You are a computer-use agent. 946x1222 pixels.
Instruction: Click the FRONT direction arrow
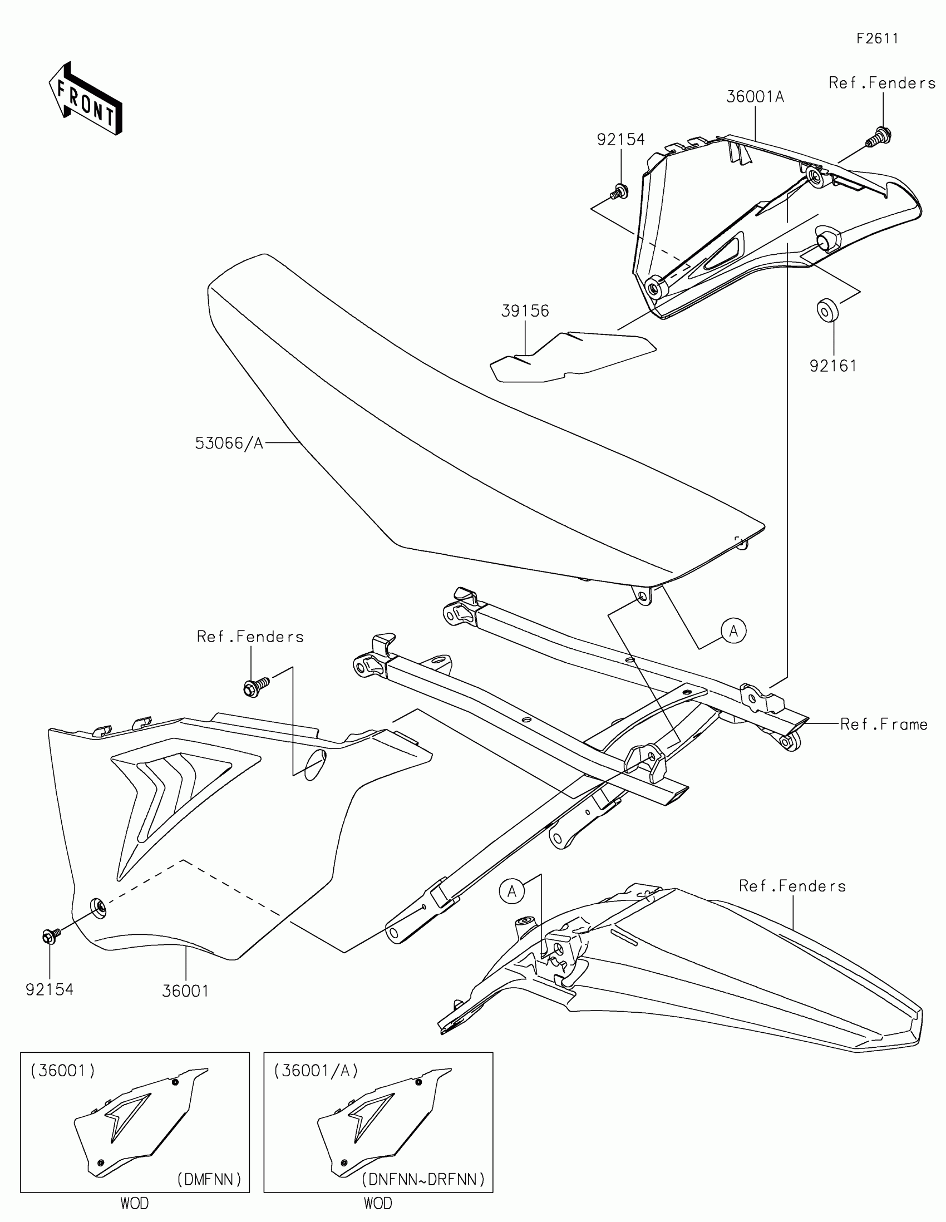point(85,98)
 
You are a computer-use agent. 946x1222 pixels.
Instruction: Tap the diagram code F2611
point(877,38)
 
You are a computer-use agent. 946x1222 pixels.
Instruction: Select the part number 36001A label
point(755,97)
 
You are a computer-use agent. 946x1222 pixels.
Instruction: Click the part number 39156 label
point(525,311)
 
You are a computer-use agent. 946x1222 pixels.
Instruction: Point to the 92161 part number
point(833,366)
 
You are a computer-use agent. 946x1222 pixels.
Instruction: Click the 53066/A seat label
point(229,443)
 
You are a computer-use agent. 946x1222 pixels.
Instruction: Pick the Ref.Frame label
point(884,725)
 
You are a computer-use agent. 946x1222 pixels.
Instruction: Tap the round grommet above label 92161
point(828,310)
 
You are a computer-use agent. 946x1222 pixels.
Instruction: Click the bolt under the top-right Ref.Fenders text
point(879,137)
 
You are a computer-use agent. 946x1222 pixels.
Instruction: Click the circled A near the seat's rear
point(733,631)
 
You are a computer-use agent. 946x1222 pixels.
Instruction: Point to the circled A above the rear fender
point(512,891)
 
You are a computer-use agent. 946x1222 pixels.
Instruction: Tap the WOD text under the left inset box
point(134,1203)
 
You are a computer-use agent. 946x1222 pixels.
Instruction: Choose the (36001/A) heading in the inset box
point(316,1071)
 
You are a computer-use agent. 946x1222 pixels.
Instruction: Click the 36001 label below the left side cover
point(185,991)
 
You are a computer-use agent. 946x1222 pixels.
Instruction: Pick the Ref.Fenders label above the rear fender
point(792,886)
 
